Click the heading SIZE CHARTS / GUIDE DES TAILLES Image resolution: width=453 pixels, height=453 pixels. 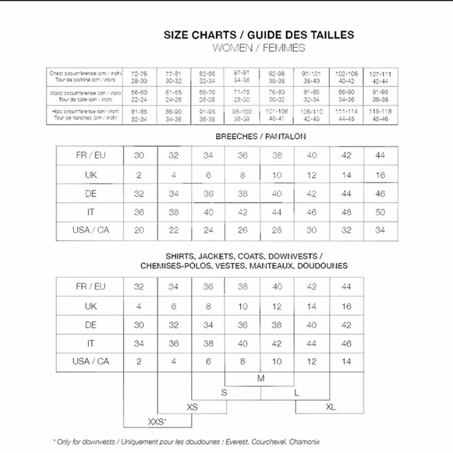[x=259, y=35]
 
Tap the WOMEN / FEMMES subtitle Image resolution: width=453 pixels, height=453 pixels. [x=259, y=48]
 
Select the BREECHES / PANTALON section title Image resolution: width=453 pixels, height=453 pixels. [x=260, y=136]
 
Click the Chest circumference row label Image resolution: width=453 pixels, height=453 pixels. [x=85, y=77]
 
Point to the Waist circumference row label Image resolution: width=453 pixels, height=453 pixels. [x=85, y=96]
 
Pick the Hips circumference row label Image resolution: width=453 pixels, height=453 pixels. [x=85, y=114]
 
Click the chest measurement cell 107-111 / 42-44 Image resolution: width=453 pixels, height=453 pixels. [x=380, y=77]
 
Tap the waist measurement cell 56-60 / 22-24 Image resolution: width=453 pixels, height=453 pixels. [x=139, y=96]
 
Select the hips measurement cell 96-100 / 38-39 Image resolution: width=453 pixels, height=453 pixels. [x=242, y=115]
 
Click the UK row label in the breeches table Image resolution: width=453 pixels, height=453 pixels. [x=91, y=175]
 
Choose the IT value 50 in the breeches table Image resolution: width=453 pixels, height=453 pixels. [x=380, y=212]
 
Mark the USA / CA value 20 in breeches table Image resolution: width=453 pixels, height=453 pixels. [x=139, y=230]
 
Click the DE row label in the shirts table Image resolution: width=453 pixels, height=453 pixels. [x=91, y=325]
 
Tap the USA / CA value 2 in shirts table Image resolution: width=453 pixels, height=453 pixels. [x=139, y=362]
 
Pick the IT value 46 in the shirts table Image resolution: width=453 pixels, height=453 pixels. [x=346, y=344]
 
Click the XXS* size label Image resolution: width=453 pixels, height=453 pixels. [x=157, y=422]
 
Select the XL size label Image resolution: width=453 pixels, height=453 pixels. [x=330, y=407]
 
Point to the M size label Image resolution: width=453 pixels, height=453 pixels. [x=260, y=378]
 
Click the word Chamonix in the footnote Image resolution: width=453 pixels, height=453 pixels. [x=304, y=442]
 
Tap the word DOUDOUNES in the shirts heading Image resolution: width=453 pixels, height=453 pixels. [x=322, y=266]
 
